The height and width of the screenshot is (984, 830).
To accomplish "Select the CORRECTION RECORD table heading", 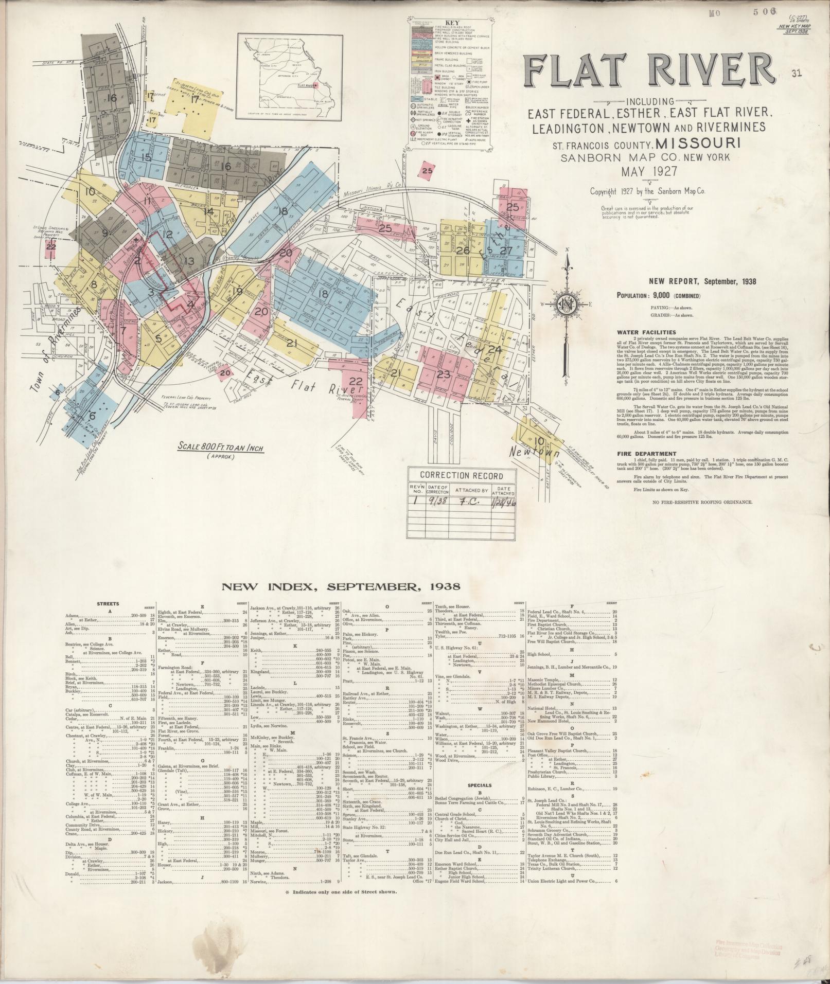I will [x=461, y=475].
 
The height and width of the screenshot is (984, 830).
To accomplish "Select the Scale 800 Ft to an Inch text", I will [x=220, y=448].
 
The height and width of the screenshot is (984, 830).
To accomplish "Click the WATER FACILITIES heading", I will [x=647, y=332].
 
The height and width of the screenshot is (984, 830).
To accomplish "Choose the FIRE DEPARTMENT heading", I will [x=647, y=454].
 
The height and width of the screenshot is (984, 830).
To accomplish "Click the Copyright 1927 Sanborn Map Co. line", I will [x=649, y=191].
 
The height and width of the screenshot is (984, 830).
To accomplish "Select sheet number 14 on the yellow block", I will [x=208, y=211].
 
